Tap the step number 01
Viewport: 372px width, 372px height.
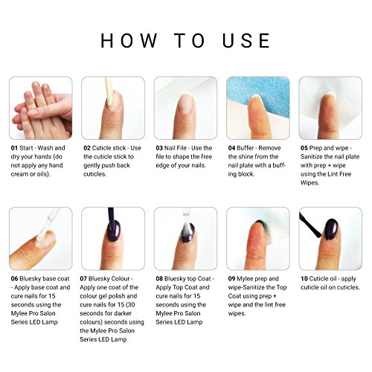pyautogui.click(x=14, y=148)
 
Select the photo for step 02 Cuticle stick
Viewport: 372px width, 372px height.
pyautogui.click(x=113, y=108)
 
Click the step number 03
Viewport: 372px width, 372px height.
pyautogui.click(x=159, y=148)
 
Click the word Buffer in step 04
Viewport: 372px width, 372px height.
pyautogui.click(x=255, y=148)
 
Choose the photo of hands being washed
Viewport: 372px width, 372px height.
pyautogui.click(x=41, y=108)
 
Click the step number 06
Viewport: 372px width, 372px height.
pyautogui.click(x=14, y=278)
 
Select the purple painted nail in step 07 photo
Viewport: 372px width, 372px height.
pyautogui.click(x=111, y=242)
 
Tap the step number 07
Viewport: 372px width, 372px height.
pyautogui.click(x=87, y=278)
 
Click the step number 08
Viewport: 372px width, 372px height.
pyautogui.click(x=159, y=278)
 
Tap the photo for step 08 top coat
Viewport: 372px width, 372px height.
pyautogui.click(x=185, y=238)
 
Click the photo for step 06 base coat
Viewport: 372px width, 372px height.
pyautogui.click(x=41, y=238)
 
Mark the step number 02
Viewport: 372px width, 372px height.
pyautogui.click(x=87, y=148)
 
